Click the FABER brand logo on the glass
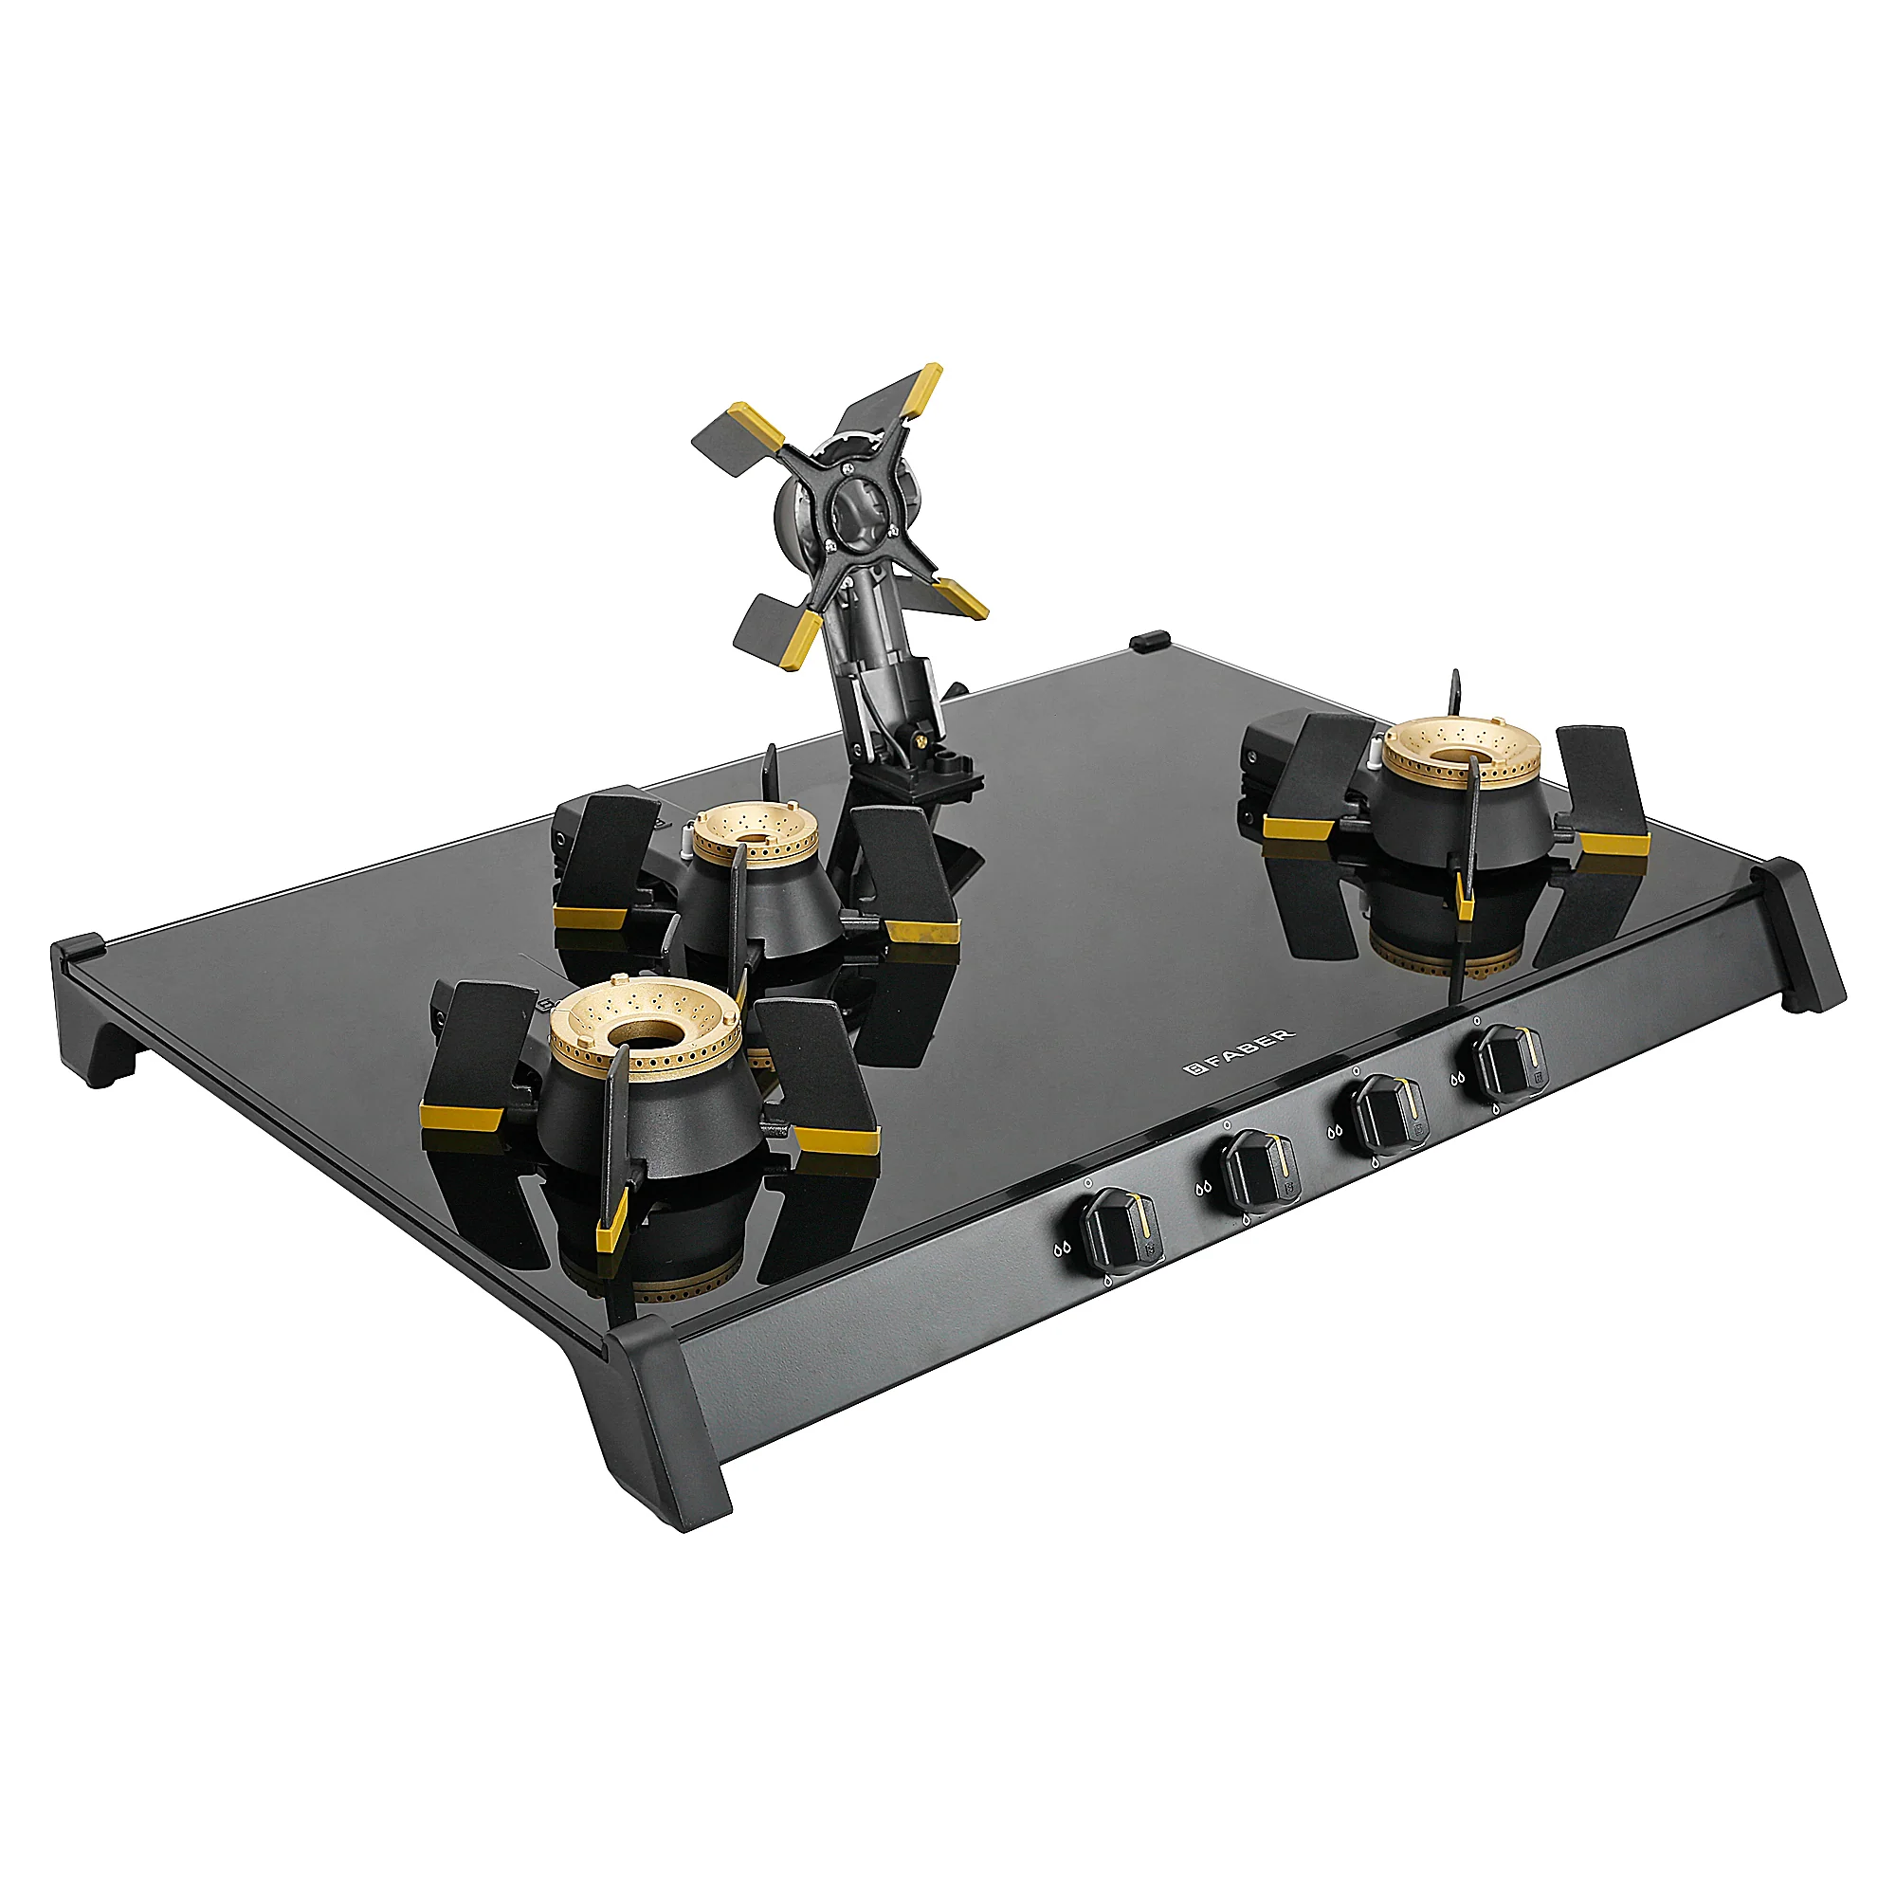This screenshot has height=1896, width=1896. (x=1238, y=1051)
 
